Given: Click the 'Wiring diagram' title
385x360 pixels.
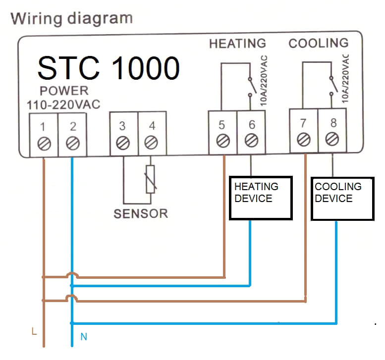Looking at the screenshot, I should click(72, 19).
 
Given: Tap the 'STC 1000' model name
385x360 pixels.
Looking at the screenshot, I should click(108, 68).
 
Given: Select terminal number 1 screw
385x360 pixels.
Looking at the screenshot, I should click(44, 144).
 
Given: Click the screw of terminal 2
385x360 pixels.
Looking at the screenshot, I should click(72, 144).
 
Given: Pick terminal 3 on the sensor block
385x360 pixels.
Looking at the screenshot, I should click(123, 144).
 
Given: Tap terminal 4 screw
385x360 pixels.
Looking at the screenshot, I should click(152, 144).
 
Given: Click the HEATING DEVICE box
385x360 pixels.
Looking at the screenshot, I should click(261, 198).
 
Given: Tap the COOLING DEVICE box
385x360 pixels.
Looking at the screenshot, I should click(342, 198).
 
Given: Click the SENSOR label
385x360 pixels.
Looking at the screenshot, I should click(141, 214).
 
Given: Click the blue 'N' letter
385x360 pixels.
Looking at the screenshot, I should click(84, 337).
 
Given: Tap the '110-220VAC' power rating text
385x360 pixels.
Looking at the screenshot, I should click(63, 104).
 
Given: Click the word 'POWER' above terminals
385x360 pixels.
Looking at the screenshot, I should click(64, 91).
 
